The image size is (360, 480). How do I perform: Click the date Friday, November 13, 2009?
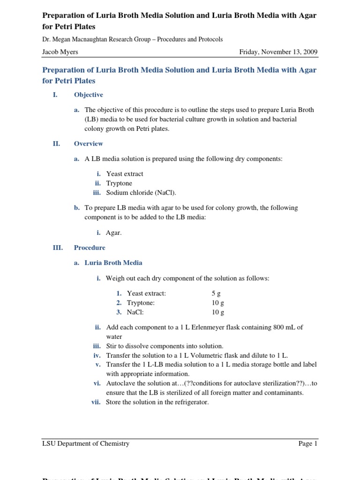(278, 52)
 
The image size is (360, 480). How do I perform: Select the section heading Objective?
(89, 95)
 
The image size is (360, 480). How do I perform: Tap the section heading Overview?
(89, 144)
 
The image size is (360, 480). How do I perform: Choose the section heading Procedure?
(90, 247)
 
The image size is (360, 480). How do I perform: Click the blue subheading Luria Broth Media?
(113, 263)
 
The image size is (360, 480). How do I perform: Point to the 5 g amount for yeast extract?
(216, 293)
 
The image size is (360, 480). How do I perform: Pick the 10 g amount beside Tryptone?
(218, 303)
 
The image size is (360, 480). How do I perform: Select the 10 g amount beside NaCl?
(218, 312)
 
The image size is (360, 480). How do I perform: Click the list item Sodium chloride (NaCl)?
(141, 193)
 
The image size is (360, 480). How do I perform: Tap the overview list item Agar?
(114, 232)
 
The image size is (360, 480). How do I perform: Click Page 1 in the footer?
(308, 443)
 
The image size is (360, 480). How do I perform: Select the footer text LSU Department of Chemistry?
(86, 443)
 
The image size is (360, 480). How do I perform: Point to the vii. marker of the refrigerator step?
(97, 402)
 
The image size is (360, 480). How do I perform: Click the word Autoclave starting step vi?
(121, 383)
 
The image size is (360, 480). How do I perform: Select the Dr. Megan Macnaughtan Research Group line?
(133, 40)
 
